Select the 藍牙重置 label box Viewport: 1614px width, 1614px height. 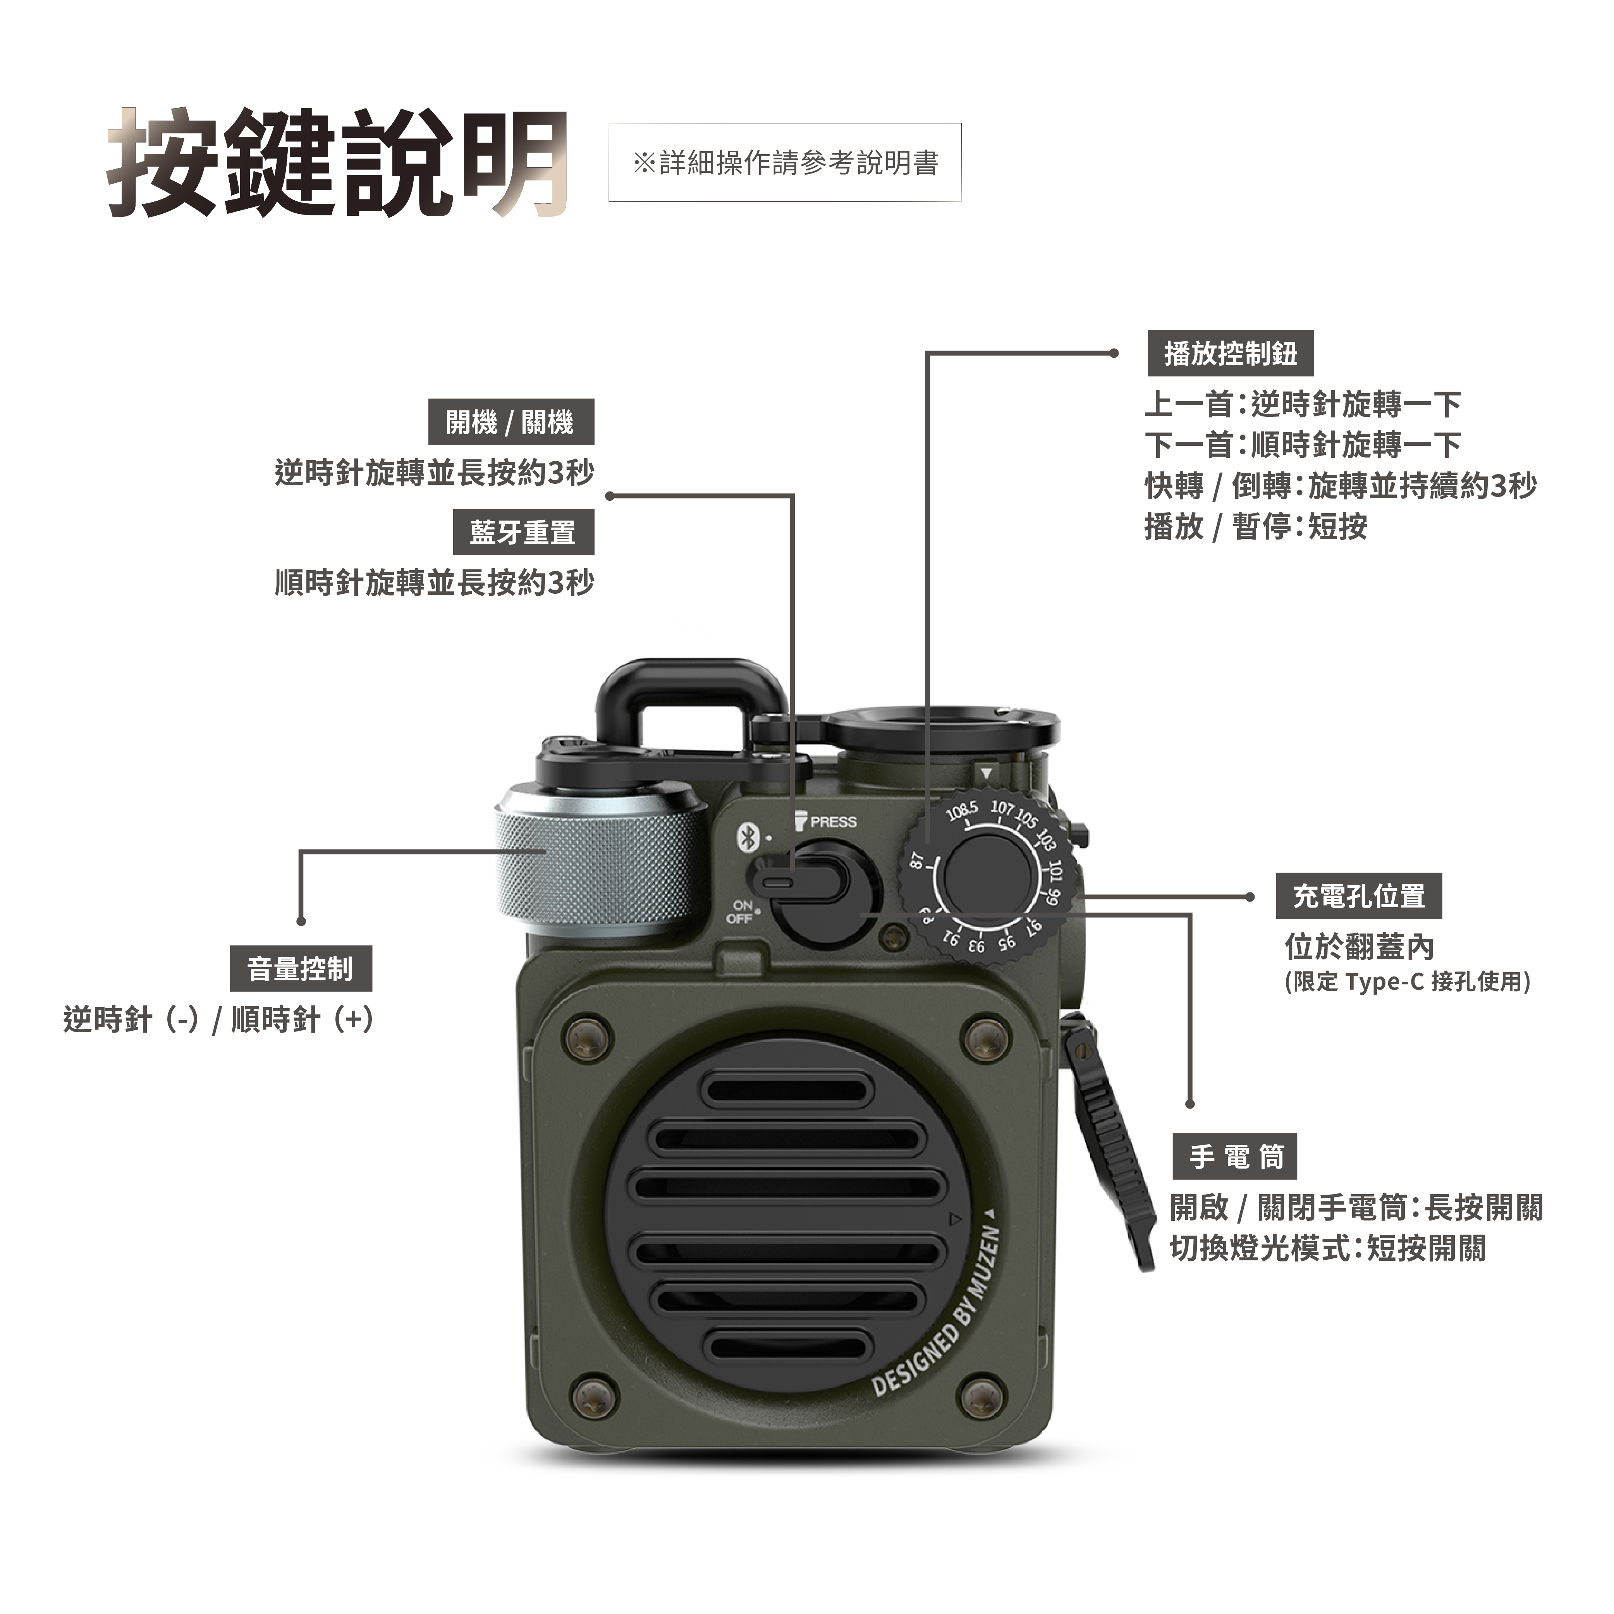click(x=523, y=532)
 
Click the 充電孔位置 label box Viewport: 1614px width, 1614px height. click(x=1358, y=896)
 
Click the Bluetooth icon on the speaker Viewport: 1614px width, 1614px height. click(x=748, y=837)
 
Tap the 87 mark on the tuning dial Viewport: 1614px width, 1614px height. click(x=917, y=861)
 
